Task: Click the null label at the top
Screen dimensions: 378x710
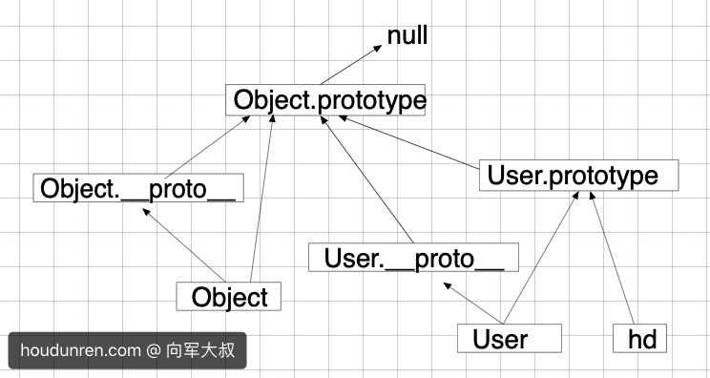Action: point(407,36)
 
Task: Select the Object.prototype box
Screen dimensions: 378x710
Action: point(325,100)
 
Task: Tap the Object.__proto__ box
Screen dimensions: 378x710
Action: point(137,188)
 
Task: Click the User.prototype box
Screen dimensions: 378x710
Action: point(578,176)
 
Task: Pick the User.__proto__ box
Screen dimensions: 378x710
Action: point(413,258)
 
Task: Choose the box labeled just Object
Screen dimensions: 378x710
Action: point(229,297)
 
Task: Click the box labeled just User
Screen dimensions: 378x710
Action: point(506,339)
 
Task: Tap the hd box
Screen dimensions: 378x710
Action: point(641,339)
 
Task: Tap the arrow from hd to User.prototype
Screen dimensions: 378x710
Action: point(614,258)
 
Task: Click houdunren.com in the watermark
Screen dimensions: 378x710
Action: point(79,350)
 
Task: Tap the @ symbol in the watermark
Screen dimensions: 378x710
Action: point(153,350)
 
